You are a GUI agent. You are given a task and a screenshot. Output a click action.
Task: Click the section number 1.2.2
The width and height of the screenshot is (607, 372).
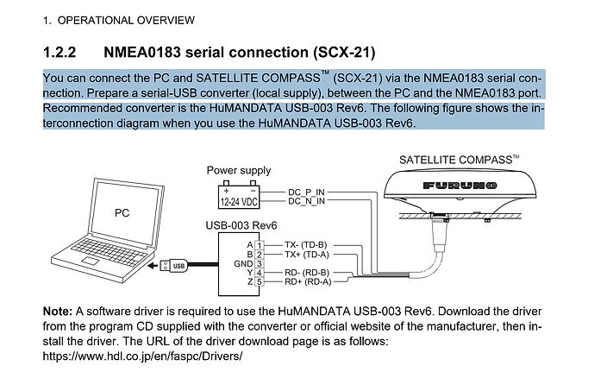tap(59, 53)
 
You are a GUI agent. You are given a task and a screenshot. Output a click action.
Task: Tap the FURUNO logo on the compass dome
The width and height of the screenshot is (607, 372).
tap(460, 186)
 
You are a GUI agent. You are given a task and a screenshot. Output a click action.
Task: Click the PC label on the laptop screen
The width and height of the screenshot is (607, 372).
tap(122, 213)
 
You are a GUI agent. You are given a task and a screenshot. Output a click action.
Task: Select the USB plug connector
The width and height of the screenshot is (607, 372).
tap(174, 266)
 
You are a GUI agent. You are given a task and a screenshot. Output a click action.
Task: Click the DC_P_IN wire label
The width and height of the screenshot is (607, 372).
tap(306, 192)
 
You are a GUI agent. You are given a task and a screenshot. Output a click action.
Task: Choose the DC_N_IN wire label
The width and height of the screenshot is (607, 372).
tap(306, 201)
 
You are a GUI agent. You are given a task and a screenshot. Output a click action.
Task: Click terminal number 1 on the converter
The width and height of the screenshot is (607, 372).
tap(260, 245)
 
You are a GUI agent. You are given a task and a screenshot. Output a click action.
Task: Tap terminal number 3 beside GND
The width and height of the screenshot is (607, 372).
tap(260, 264)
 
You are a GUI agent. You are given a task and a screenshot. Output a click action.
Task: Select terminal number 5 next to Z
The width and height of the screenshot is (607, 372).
tap(260, 281)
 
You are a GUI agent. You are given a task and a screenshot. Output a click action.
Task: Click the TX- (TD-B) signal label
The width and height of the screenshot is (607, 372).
tap(306, 245)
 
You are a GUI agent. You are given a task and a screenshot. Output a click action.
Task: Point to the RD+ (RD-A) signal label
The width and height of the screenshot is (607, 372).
tap(308, 281)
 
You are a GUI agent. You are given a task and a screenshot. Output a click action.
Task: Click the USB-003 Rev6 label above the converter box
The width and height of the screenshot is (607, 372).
tap(241, 225)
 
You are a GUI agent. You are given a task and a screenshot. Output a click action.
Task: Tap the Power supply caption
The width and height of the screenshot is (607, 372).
tap(239, 171)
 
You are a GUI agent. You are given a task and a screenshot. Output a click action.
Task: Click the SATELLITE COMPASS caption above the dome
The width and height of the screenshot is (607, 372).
tap(459, 160)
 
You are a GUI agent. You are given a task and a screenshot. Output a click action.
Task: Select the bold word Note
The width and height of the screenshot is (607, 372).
tap(58, 312)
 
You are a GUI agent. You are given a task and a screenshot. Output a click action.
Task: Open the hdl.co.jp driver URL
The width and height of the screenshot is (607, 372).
tap(142, 356)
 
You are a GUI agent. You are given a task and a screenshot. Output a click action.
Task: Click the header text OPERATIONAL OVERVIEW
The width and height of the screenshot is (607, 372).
tap(126, 20)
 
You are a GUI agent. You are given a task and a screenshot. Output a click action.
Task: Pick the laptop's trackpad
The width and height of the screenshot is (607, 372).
tap(90, 262)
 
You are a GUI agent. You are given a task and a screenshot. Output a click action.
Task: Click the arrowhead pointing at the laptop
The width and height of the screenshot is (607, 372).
tap(153, 266)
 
